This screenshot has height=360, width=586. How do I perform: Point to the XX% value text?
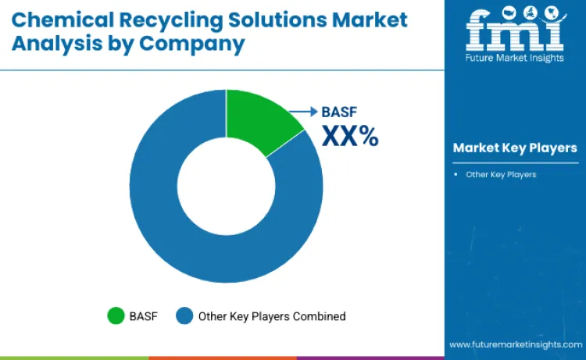[x=350, y=137]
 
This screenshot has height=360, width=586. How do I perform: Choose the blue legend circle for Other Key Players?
[x=184, y=315]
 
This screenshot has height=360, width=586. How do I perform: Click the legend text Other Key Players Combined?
[x=272, y=316]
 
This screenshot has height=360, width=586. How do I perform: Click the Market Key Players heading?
[x=515, y=148]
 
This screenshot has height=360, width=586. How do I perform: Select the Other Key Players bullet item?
[x=501, y=174]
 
